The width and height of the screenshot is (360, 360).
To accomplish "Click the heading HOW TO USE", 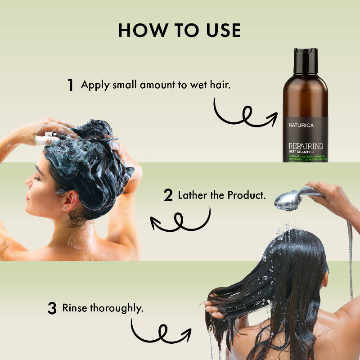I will pyautogui.click(x=180, y=30).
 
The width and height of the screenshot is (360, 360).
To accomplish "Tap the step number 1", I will pyautogui.click(x=70, y=85).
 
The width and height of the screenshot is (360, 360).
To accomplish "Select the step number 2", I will pyautogui.click(x=168, y=196).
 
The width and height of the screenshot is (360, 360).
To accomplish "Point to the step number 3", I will pyautogui.click(x=52, y=309).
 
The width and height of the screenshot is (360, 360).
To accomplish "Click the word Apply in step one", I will pyautogui.click(x=95, y=85).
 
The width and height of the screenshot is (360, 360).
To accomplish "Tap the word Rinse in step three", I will pyautogui.click(x=75, y=308).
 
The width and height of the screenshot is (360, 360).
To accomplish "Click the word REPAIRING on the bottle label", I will pyautogui.click(x=306, y=146).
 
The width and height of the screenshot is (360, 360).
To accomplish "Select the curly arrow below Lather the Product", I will pyautogui.click(x=180, y=220).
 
